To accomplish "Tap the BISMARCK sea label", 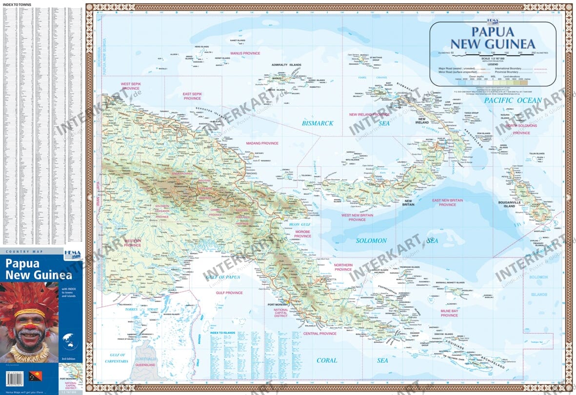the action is (318, 123).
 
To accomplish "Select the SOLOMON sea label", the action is (371, 240).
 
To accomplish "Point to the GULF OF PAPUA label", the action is (222, 277).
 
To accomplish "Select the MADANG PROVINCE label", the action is (262, 143).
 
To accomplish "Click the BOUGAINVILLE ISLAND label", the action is (516, 203).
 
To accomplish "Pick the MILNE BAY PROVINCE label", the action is (449, 313).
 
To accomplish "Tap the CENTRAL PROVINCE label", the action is (320, 334).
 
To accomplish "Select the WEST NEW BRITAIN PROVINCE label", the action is (357, 217).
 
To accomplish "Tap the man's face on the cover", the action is (29, 330).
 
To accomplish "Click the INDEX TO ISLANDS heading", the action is (222, 332).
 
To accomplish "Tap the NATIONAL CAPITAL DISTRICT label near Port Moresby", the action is (281, 313).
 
